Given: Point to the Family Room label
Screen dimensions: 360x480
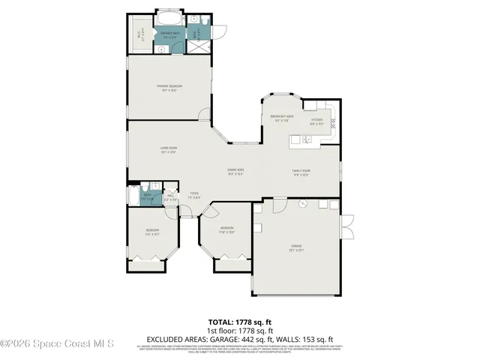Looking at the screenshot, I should click(x=301, y=172).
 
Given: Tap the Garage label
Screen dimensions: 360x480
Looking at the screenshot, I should click(x=296, y=247).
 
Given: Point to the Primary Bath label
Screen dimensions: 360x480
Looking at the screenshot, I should click(x=169, y=34).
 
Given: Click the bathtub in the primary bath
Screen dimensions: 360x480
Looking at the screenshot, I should click(x=169, y=18).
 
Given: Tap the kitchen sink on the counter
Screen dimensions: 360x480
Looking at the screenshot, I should click(x=307, y=139).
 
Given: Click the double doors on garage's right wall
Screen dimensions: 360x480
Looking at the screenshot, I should click(x=346, y=224).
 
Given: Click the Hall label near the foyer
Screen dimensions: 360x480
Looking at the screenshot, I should click(x=171, y=196).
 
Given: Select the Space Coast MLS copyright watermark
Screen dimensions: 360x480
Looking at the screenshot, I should click(x=57, y=343).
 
